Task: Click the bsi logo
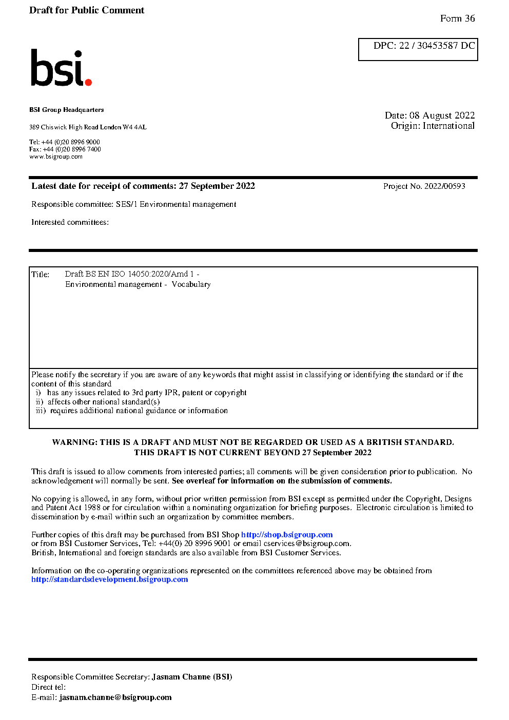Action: pos(60,68)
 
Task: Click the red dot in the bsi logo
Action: pos(88,82)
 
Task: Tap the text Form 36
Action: pos(457,18)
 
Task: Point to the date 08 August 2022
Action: pos(442,115)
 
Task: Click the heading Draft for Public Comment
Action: pos(87,10)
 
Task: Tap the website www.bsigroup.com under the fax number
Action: pos(56,157)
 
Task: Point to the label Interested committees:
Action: pos(70,222)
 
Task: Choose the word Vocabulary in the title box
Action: pos(191,284)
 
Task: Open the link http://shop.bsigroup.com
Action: pos(287,535)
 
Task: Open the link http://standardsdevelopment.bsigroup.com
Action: pos(109,579)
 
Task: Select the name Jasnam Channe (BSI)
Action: pos(192,677)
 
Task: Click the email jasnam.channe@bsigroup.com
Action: pos(115,697)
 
